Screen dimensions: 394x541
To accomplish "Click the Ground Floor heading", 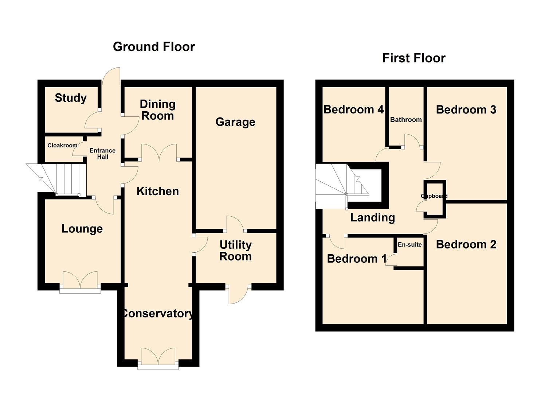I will click(154, 47).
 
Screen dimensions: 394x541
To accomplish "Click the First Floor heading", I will click(413, 58).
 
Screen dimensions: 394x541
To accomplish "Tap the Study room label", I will click(71, 98).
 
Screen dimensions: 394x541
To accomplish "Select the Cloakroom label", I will click(62, 145).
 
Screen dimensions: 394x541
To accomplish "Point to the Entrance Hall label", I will click(102, 154).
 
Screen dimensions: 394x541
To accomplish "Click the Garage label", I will click(235, 122).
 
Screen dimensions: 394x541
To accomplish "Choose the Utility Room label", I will click(235, 251).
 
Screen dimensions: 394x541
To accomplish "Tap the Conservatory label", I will click(157, 313).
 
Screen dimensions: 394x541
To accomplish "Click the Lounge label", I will click(82, 229).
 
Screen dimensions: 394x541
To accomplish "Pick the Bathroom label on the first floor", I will click(406, 120).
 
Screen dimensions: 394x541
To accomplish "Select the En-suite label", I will click(409, 245).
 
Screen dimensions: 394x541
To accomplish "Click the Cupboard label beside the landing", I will click(434, 196).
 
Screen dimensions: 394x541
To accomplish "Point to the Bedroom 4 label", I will click(353, 109).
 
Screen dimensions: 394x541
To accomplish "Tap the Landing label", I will click(372, 218).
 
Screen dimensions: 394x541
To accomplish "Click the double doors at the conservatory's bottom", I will click(158, 358).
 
